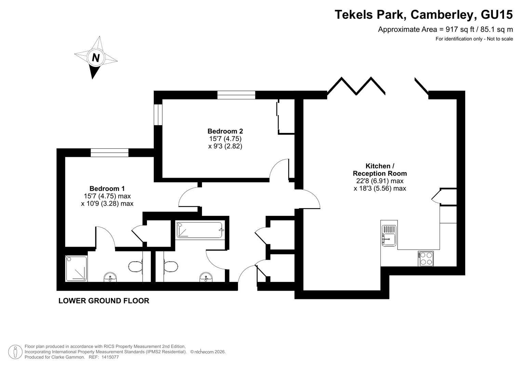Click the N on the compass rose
tap(96, 58)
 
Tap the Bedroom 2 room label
tap(225, 131)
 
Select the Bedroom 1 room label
tap(107, 189)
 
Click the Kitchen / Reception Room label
tap(380, 169)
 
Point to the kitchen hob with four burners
tap(426, 259)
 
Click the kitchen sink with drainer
tap(389, 235)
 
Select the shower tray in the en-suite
tap(76, 269)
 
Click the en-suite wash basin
tap(110, 277)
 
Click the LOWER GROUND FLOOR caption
tap(104, 301)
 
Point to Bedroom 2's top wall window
tap(236, 95)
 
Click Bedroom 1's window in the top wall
tap(109, 153)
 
